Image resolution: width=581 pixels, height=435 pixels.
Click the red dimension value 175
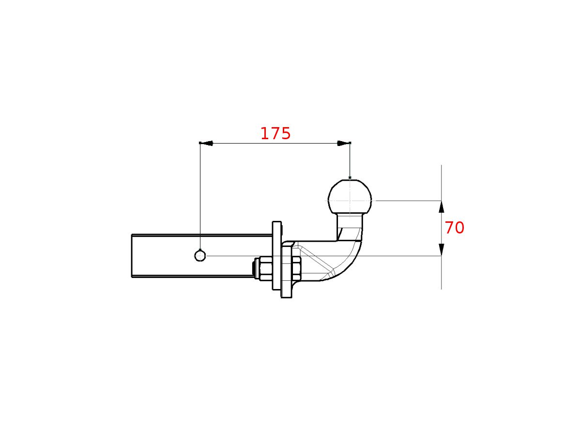pos(275,134)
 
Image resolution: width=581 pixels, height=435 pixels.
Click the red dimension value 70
pos(454,228)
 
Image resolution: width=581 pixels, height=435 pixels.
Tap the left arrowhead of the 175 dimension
pos(206,143)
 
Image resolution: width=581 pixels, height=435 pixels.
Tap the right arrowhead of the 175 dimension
pos(344,143)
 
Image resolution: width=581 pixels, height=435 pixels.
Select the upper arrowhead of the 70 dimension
pos(441,207)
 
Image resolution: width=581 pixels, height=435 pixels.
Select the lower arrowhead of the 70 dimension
pos(441,249)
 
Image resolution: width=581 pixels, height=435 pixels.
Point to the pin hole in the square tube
pos(200,255)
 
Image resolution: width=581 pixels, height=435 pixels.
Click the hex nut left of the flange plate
pos(265,269)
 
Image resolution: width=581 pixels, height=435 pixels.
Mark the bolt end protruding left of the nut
pos(255,268)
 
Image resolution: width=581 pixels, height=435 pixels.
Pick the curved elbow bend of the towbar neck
pos(350,263)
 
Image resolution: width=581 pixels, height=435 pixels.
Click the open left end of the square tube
pos(132,256)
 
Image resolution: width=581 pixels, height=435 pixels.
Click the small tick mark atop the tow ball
pos(350,178)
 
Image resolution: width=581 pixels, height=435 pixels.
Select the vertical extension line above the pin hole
pos(200,193)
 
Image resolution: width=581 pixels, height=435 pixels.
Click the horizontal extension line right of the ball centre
pos(407,200)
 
